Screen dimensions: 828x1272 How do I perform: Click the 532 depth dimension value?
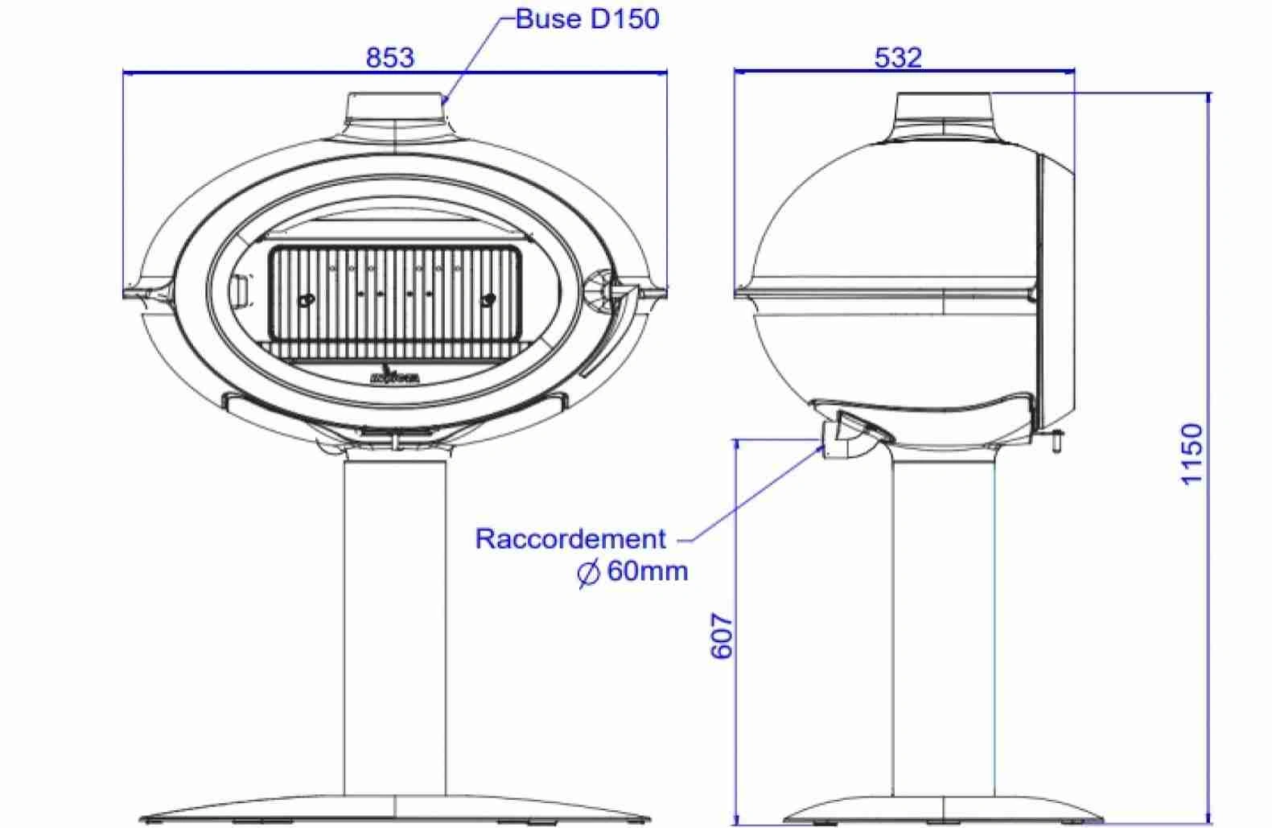897,58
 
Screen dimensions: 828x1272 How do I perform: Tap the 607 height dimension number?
722,636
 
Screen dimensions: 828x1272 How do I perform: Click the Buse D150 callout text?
587,19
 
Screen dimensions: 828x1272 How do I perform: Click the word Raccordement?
570,538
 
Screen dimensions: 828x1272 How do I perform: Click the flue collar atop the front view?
395,109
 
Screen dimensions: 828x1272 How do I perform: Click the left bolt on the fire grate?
304,301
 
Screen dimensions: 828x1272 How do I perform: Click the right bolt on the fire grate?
488,301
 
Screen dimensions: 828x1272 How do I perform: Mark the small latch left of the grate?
241,288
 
